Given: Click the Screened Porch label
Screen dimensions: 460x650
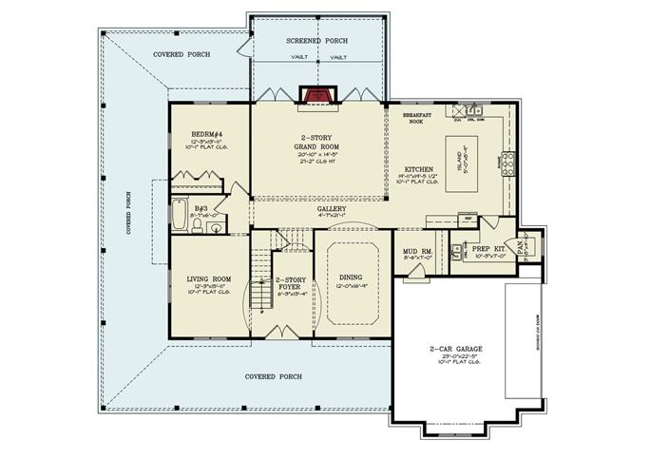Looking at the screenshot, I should pos(316,42).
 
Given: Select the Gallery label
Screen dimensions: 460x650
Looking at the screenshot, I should pos(332,209).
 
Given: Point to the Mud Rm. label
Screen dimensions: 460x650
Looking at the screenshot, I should pos(418,252).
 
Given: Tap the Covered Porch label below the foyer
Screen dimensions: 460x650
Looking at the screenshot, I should pos(274,376).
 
